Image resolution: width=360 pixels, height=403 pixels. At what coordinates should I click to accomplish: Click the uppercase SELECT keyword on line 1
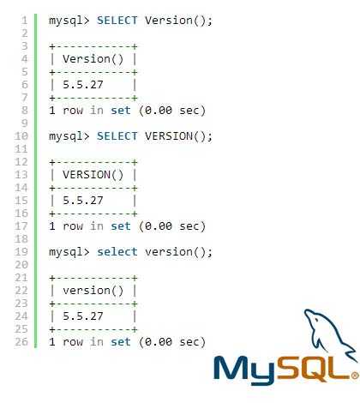[x=117, y=21]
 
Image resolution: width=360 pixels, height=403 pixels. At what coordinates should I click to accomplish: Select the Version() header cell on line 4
[x=93, y=59]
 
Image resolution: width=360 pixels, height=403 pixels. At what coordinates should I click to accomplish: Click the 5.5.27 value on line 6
[x=83, y=85]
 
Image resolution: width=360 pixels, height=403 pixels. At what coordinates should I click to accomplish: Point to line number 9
[x=25, y=123]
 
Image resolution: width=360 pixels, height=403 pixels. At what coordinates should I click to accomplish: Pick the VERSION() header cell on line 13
[x=93, y=175]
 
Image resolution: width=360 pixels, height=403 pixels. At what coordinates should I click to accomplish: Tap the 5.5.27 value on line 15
[x=83, y=201]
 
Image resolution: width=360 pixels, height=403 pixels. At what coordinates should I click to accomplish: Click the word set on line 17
[x=121, y=226]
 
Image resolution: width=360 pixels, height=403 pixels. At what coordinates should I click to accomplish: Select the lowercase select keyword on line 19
[x=117, y=252]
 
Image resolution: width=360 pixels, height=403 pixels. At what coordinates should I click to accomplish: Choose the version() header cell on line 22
[x=93, y=291]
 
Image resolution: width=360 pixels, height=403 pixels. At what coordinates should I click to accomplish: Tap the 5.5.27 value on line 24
[x=83, y=316]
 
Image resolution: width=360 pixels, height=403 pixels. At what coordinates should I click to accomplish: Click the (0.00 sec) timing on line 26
[x=172, y=342]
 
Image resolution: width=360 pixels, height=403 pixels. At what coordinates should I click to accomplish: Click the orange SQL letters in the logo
[x=313, y=369]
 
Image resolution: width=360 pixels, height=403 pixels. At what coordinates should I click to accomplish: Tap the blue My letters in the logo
[x=244, y=370]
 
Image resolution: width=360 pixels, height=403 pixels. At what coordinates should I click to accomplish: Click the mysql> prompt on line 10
[x=69, y=136]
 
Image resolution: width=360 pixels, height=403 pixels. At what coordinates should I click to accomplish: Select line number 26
[x=21, y=342]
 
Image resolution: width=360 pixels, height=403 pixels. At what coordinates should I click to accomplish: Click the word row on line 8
[x=73, y=111]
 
